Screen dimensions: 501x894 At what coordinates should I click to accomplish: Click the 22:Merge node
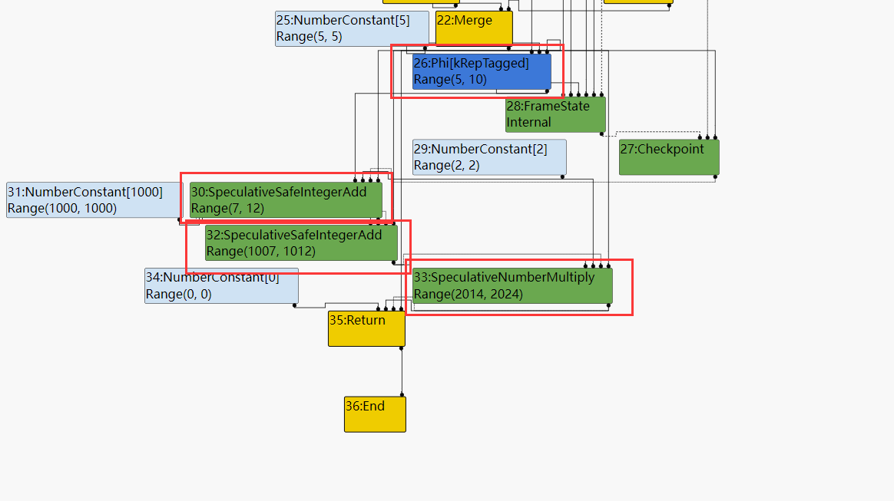[x=474, y=28]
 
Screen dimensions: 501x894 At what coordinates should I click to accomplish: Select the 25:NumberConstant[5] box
[x=352, y=29]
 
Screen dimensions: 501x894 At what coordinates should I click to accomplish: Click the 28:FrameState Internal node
[x=555, y=114]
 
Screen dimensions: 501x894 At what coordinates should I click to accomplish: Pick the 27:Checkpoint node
[x=669, y=157]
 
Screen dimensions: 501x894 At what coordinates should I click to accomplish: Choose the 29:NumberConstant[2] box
[x=489, y=157]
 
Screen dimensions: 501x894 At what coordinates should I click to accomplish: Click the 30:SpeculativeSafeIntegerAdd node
[x=286, y=200]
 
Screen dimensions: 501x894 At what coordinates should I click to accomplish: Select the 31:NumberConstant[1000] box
[x=92, y=200]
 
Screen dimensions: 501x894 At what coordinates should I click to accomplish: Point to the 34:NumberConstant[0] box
[x=221, y=286]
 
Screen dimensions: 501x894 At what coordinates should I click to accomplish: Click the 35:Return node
[x=366, y=329]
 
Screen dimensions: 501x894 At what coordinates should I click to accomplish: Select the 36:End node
[x=375, y=414]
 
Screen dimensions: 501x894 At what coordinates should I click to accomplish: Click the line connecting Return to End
[x=402, y=372]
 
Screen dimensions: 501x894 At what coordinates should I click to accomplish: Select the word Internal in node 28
[x=529, y=123]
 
